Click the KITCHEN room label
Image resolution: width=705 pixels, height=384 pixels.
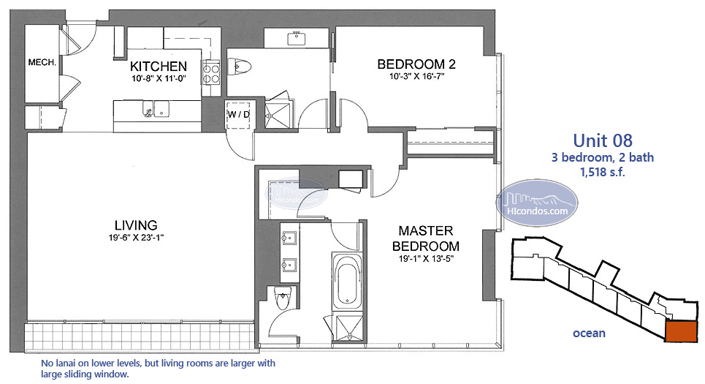[159, 66]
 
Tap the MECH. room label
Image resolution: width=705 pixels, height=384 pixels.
[42, 63]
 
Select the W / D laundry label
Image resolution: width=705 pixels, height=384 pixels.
[238, 114]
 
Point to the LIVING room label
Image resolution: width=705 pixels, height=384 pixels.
[136, 225]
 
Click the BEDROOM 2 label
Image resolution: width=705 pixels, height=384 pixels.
[416, 64]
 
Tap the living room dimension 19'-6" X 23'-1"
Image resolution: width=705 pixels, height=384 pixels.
[136, 237]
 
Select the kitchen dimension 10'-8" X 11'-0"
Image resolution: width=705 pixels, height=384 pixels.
[159, 78]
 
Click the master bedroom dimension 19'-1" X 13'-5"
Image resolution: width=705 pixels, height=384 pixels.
[425, 259]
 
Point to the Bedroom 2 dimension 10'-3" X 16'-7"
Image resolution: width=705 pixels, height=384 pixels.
[416, 76]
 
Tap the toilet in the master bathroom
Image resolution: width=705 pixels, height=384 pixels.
[283, 298]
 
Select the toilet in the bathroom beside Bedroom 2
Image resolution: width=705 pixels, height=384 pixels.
[239, 67]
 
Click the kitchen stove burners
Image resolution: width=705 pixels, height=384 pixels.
[210, 73]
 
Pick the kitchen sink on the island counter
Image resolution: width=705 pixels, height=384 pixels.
[155, 109]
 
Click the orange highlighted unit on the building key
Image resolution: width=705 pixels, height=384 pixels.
[681, 332]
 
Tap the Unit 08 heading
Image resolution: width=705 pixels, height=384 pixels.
[603, 140]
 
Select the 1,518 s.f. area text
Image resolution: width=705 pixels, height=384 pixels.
[603, 172]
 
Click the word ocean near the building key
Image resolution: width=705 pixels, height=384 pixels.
[589, 333]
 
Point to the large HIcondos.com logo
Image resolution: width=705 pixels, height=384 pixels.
[537, 203]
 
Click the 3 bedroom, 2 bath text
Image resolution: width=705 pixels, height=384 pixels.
[603, 157]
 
